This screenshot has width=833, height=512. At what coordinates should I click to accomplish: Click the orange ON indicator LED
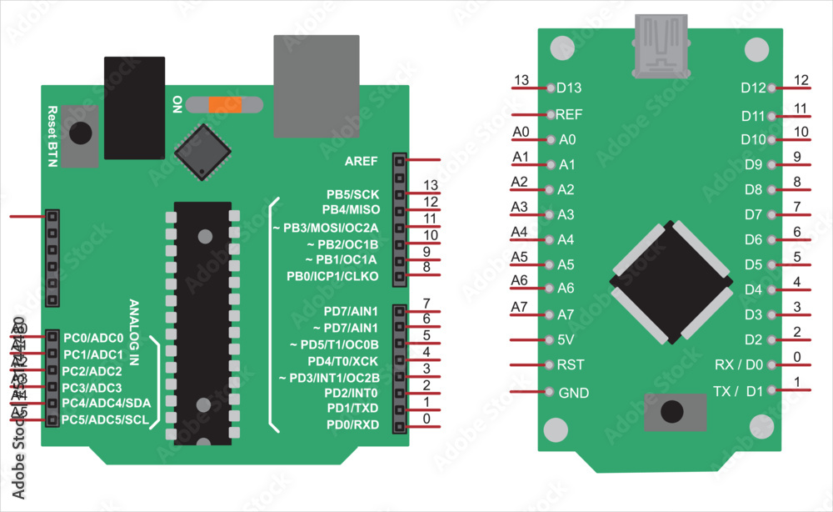tap(225, 105)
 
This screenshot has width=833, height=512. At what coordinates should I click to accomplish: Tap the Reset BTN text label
tap(52, 137)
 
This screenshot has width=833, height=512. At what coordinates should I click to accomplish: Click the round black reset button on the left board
tap(81, 133)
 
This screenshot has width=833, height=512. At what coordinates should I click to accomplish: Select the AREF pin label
tap(361, 160)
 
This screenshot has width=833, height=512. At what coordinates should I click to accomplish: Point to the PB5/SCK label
tap(352, 193)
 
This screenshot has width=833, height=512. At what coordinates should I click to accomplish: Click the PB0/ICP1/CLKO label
tap(332, 276)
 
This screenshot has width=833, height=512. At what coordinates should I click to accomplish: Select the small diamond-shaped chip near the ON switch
tap(202, 151)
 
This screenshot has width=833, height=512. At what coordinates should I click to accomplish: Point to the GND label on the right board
tap(573, 393)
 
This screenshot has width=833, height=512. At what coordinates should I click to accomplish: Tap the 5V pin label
tap(566, 340)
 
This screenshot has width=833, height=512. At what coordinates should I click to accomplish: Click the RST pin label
tap(569, 364)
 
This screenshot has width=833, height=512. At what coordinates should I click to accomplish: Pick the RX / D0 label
tap(739, 365)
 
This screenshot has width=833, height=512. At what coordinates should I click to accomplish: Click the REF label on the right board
tap(569, 114)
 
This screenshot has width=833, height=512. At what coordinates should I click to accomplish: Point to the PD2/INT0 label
tap(351, 393)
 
